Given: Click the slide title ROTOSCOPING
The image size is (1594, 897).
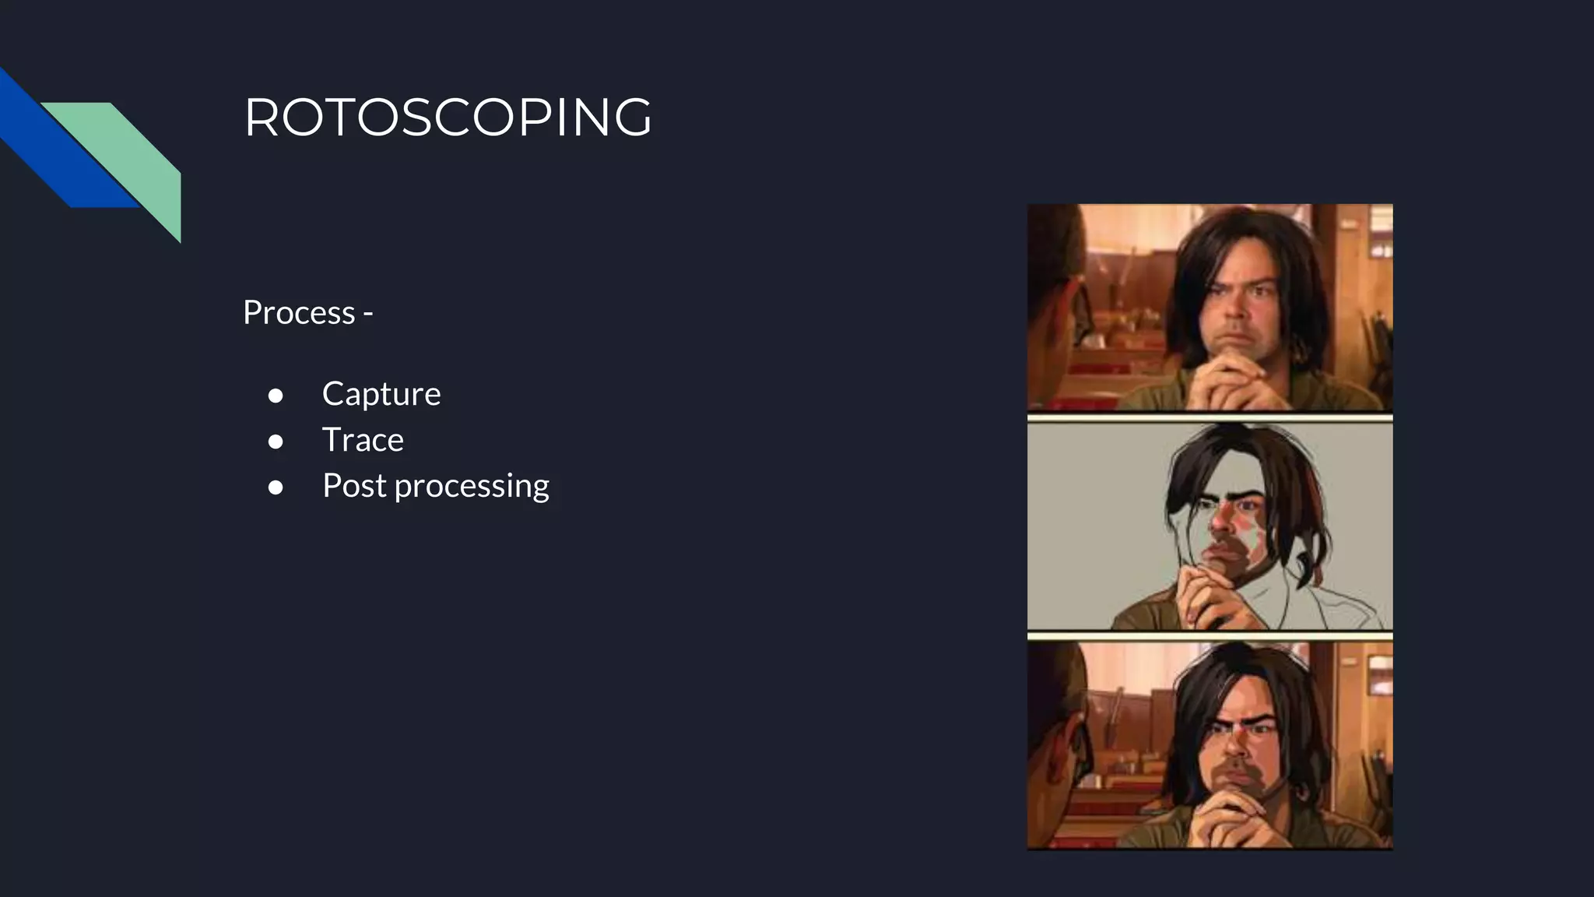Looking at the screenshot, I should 448,118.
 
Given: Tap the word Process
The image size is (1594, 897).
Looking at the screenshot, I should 299,313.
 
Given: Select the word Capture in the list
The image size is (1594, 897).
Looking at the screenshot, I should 381,394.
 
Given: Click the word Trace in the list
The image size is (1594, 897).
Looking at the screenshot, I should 363,440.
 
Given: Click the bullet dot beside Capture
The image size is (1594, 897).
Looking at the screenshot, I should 276,396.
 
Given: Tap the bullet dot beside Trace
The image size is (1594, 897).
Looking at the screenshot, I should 276,441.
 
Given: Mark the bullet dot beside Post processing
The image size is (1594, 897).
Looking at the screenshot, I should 276,487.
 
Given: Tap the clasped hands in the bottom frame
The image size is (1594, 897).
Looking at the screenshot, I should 1230,818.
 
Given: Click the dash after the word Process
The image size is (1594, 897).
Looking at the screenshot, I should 367,314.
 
